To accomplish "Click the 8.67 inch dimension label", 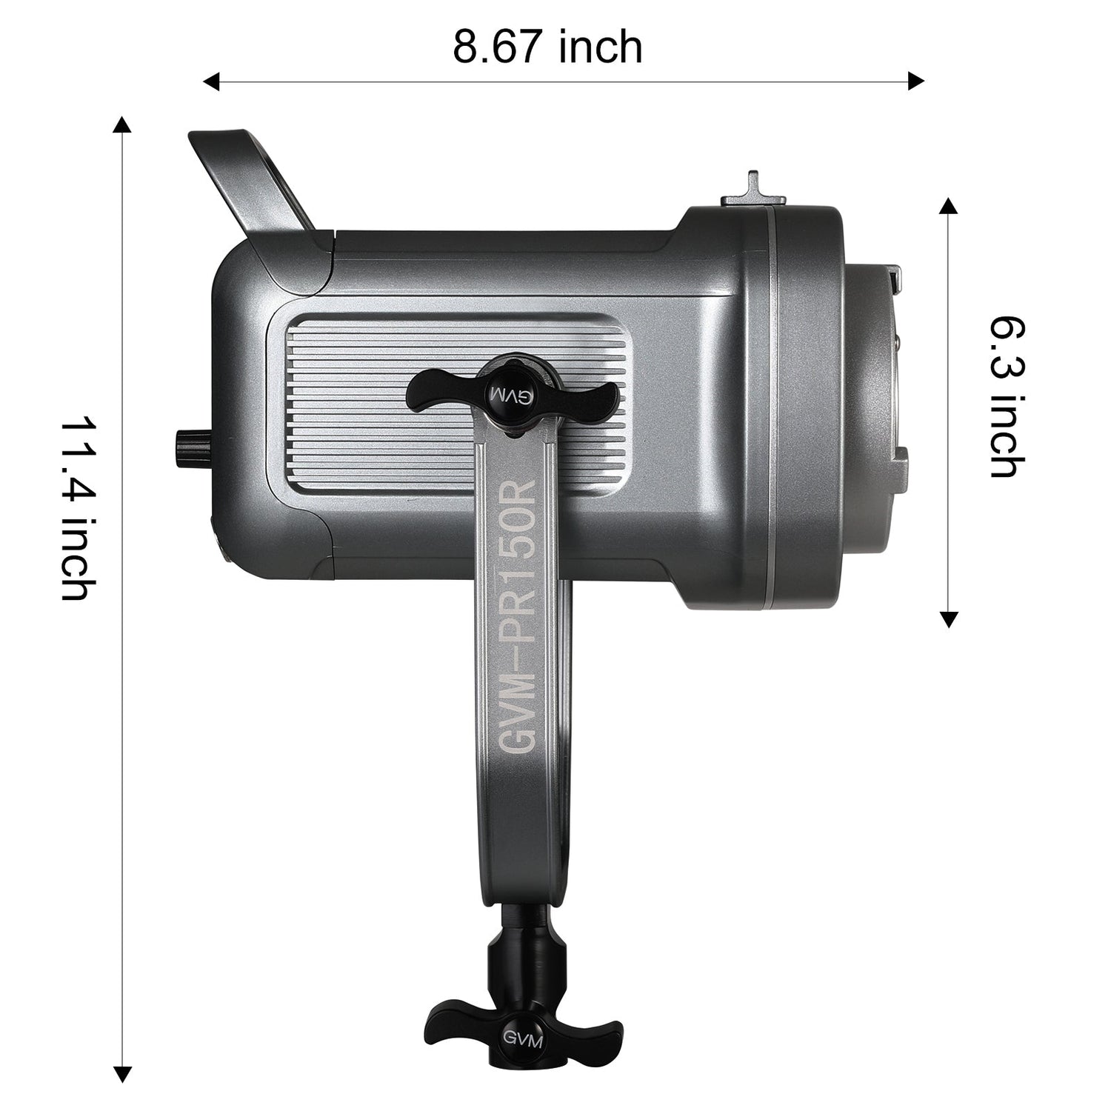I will [547, 48].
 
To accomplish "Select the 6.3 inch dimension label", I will [1008, 397].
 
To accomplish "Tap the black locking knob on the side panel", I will [516, 393].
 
